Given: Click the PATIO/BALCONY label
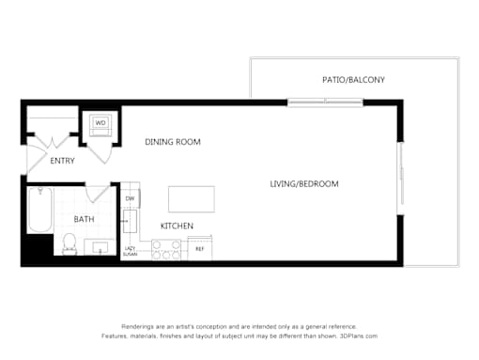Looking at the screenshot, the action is (353, 80).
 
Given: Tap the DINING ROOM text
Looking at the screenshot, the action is (173, 142).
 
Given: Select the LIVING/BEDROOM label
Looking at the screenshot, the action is (304, 184).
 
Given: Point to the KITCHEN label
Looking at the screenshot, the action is (177, 226).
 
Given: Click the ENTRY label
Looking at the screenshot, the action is (63, 161).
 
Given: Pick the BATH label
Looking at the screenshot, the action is (84, 219).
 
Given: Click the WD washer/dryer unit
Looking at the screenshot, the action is (100, 125).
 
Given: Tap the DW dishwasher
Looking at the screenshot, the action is (131, 198).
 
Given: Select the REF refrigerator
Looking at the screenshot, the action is (200, 248).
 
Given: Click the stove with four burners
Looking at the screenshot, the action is (166, 250).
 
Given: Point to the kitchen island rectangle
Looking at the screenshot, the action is (192, 199).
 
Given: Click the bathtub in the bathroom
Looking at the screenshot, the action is (40, 210).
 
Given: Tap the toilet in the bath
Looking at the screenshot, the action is (70, 244).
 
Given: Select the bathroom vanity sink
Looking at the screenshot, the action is (100, 247).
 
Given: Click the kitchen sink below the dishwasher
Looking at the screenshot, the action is (130, 222).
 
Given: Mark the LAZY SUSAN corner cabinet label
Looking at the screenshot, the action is (130, 252).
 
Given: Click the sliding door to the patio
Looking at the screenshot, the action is (325, 102).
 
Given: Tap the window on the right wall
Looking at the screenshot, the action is (400, 179).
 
